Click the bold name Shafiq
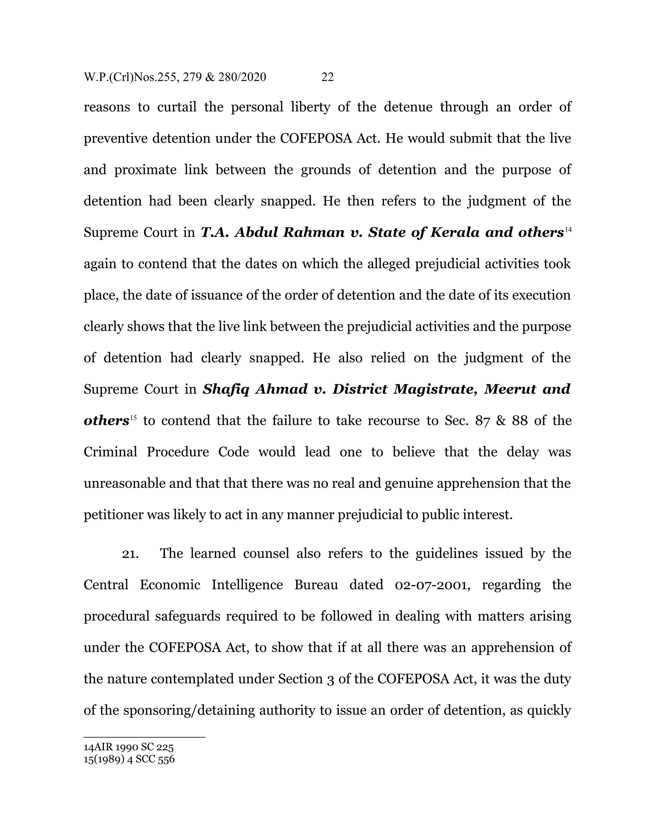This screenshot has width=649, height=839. pos(226,389)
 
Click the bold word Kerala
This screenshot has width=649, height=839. pos(454,232)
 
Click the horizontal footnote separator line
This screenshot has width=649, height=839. pos(145,737)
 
